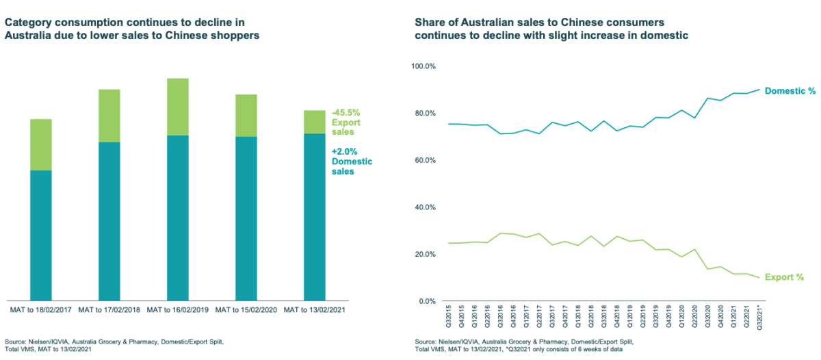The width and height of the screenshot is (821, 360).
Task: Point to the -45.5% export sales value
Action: tap(346, 112)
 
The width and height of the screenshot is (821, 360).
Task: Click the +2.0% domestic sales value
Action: tap(344, 151)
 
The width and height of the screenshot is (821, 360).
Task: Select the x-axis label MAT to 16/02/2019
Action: tap(178, 310)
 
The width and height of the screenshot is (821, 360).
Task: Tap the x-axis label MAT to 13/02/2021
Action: tap(314, 310)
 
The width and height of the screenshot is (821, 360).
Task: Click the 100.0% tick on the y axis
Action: tap(423, 66)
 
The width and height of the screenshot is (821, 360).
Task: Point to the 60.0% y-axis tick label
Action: tap(424, 160)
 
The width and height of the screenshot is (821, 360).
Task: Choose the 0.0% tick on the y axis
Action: tap(426, 301)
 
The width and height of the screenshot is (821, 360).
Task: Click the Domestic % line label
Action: tap(790, 91)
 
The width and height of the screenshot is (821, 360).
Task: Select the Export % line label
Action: tap(784, 277)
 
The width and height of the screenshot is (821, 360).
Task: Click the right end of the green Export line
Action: tap(758, 277)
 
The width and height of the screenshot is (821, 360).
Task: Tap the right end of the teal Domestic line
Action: tap(758, 89)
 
